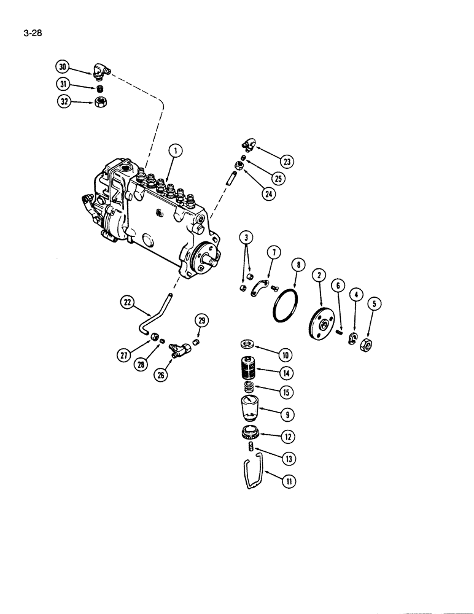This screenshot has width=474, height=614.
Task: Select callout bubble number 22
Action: point(128,301)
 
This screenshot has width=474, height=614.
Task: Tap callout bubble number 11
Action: point(287,483)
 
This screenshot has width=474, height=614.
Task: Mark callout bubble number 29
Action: point(201,320)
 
